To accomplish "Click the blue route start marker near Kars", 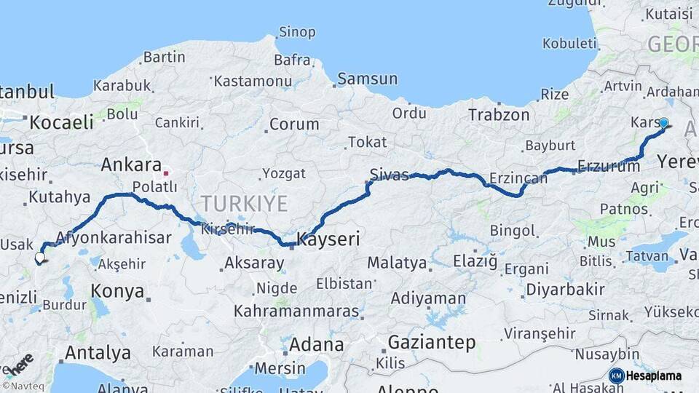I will click(x=663, y=123).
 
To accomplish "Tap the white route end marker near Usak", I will click(x=39, y=257).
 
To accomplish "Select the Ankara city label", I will click(x=130, y=164).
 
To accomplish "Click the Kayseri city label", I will click(x=328, y=239).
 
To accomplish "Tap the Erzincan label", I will click(x=518, y=178).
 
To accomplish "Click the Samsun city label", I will click(x=367, y=79).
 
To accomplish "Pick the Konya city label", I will click(x=117, y=291).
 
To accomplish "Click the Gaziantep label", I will click(x=431, y=342).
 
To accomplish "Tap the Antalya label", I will click(x=98, y=354).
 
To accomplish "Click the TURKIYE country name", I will click(x=244, y=203).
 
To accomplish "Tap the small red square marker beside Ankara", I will click(x=167, y=173).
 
